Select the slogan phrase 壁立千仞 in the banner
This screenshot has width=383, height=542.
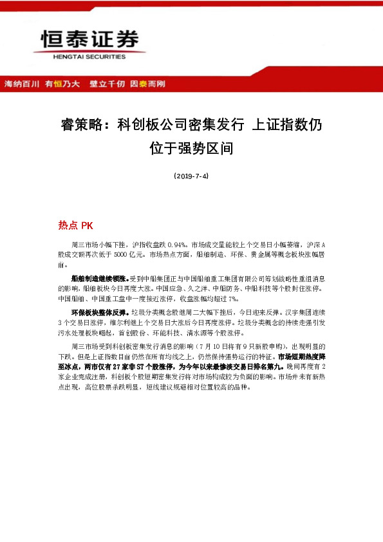(x=107, y=84)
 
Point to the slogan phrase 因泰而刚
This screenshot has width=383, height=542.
(x=147, y=84)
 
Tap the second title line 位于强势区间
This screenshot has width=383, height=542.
(x=191, y=149)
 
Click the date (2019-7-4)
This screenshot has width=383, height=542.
(x=191, y=176)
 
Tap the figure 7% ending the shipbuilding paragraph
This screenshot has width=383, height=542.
(x=233, y=299)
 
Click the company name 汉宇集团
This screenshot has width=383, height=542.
(x=303, y=313)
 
